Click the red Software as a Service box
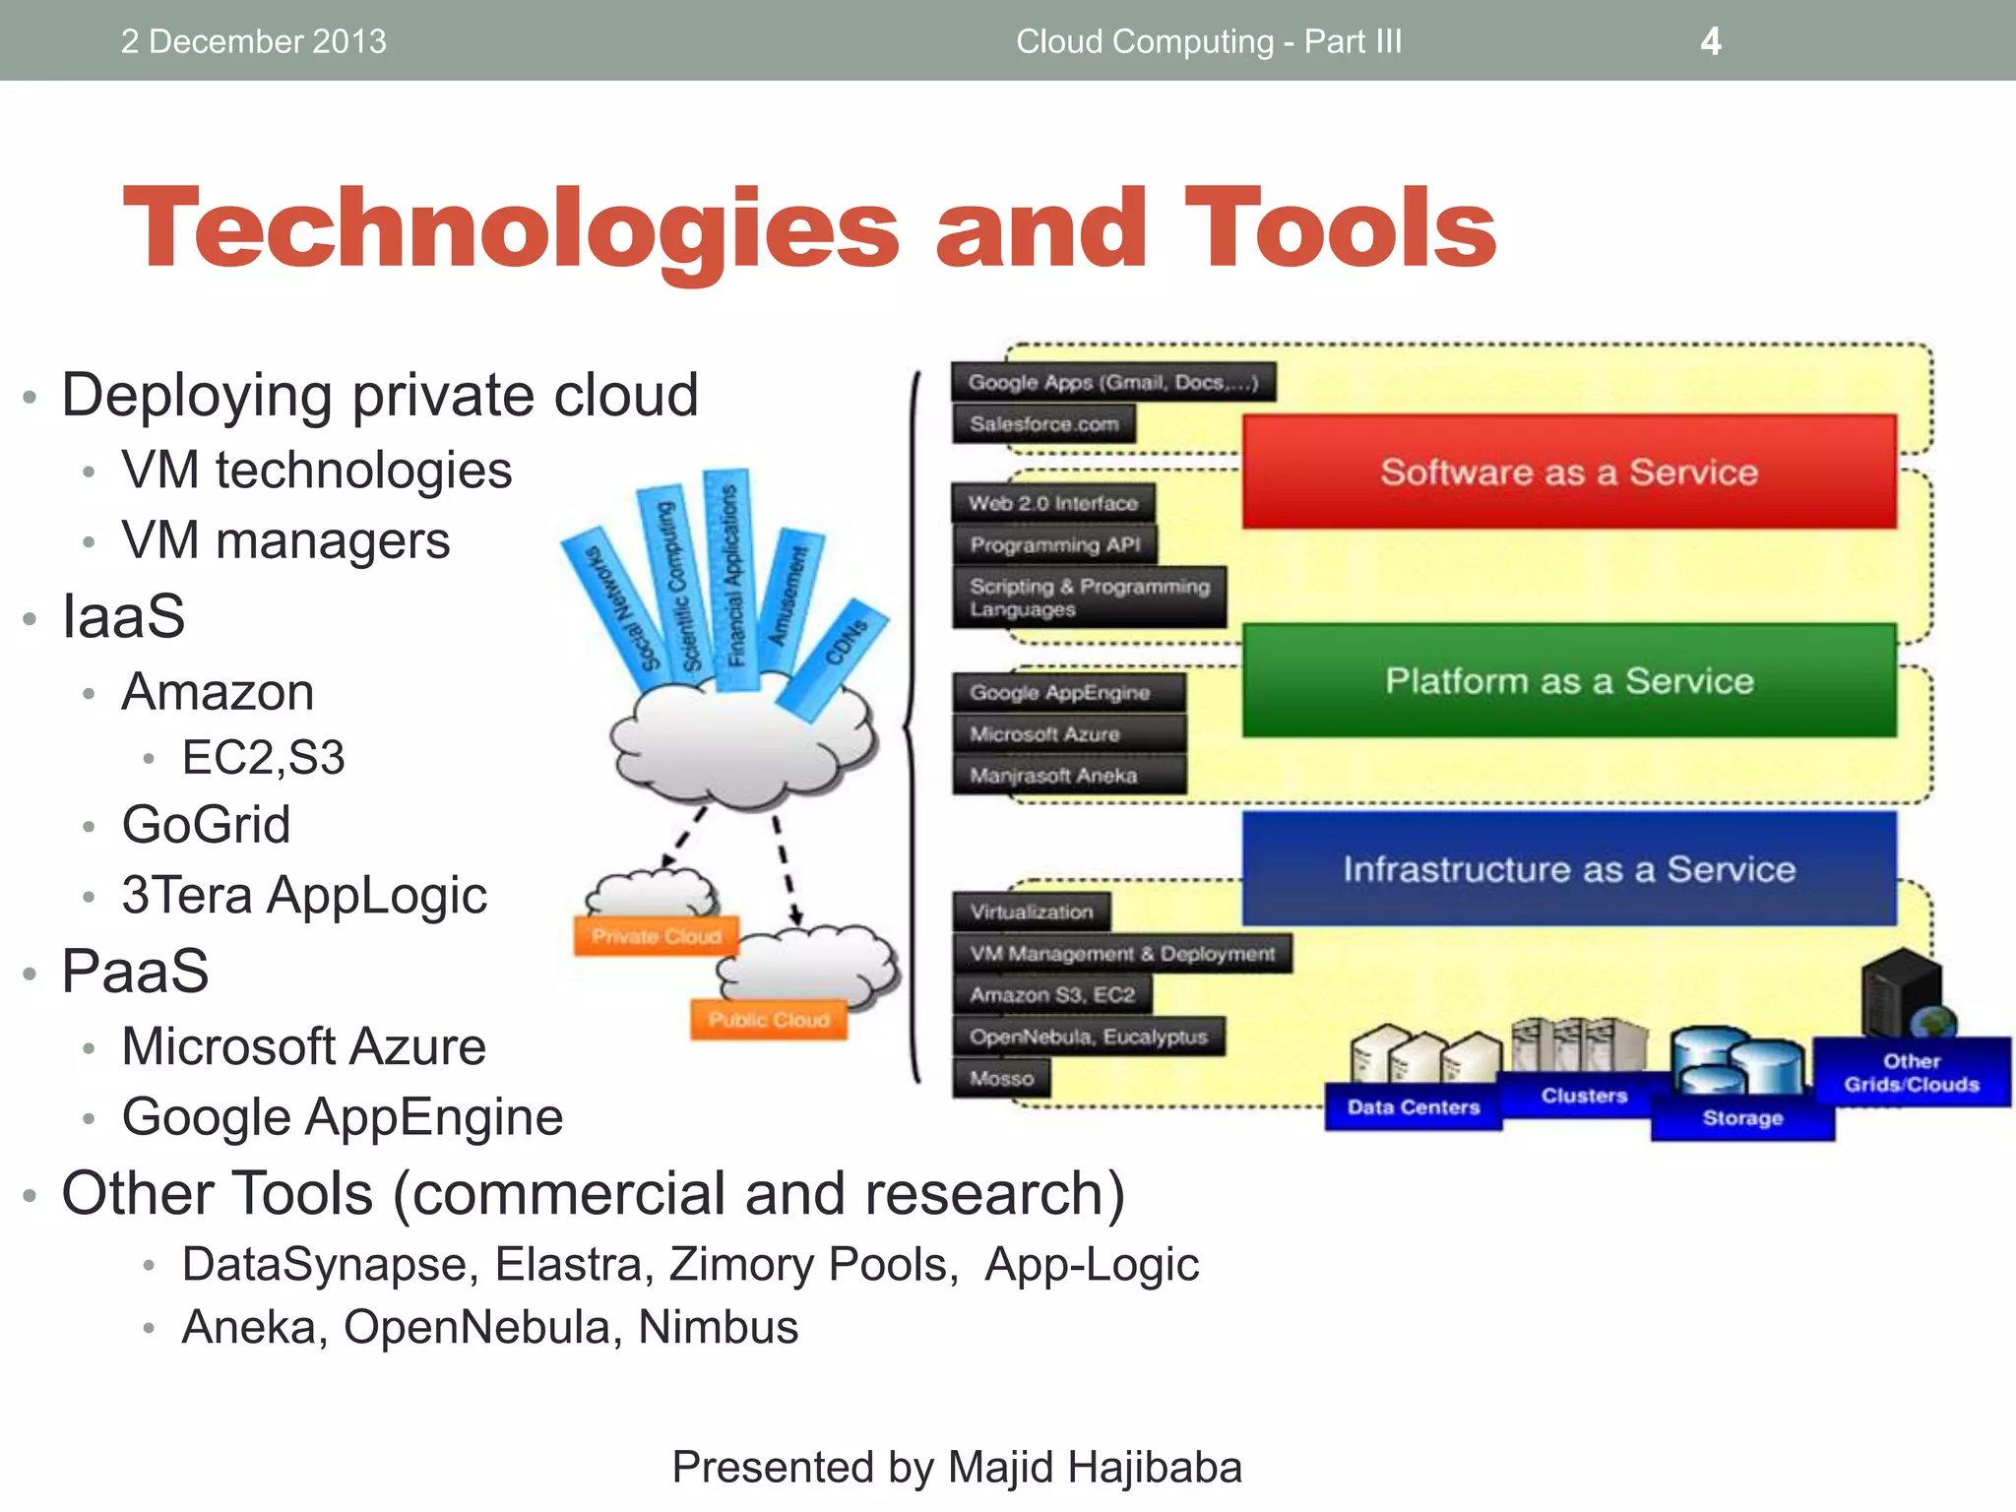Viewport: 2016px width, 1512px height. (x=1569, y=472)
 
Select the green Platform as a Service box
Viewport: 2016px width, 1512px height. (x=1569, y=680)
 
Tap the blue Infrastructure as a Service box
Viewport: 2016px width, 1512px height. (x=1569, y=869)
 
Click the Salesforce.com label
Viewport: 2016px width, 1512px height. (x=1043, y=424)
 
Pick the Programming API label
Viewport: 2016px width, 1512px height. (x=1055, y=544)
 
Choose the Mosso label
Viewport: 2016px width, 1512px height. (x=1001, y=1078)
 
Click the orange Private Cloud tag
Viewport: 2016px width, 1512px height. (x=656, y=936)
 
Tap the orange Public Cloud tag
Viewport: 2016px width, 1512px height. (x=769, y=1020)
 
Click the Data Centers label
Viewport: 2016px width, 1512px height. (x=1413, y=1107)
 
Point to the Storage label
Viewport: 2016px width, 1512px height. (x=1742, y=1118)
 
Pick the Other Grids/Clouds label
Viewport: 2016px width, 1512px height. (x=1912, y=1073)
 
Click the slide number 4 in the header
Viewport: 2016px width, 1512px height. (x=1711, y=41)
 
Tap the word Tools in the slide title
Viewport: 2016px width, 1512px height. (x=1341, y=228)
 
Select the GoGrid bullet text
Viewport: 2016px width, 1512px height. (x=206, y=824)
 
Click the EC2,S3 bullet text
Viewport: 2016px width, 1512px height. (x=263, y=757)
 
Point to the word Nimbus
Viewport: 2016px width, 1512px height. (x=718, y=1327)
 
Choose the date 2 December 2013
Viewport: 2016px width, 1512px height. (x=253, y=41)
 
